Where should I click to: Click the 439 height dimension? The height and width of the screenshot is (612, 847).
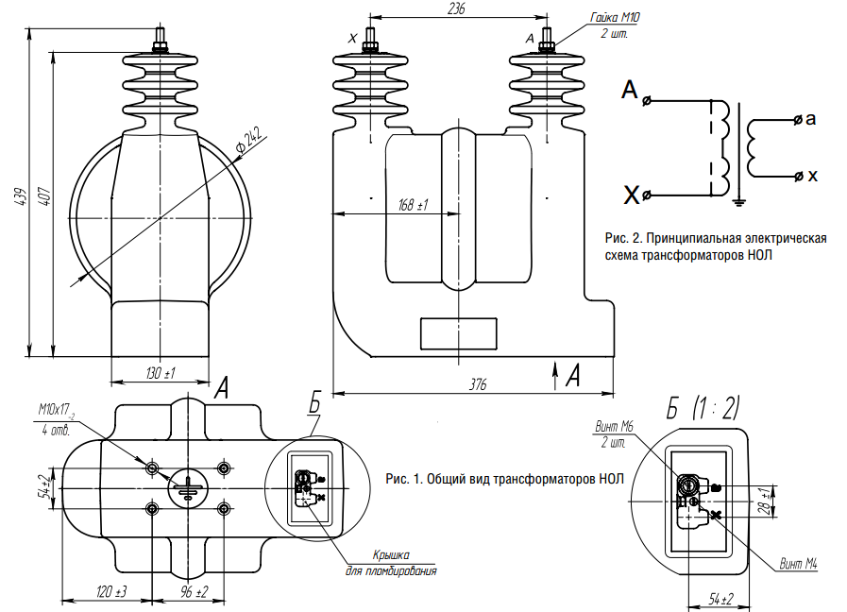[20, 195]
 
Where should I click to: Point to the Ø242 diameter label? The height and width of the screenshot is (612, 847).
[247, 140]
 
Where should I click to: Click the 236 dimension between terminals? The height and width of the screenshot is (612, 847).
[457, 8]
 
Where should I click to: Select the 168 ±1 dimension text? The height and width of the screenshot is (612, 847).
[414, 205]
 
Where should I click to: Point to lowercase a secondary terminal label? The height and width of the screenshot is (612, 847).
[811, 120]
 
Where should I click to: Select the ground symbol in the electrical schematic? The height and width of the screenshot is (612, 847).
[741, 199]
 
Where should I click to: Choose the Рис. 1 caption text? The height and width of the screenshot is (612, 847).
[504, 479]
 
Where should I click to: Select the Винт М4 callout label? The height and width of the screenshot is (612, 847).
[798, 564]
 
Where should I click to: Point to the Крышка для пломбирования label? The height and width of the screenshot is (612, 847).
[390, 564]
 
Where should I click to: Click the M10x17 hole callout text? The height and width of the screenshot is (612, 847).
[57, 411]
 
